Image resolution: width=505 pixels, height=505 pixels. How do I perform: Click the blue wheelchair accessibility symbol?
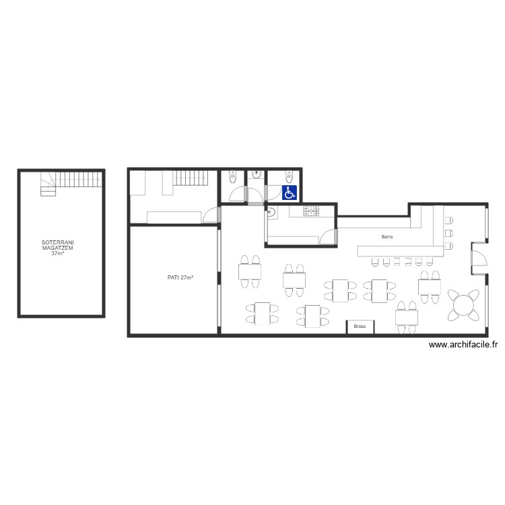[290, 193]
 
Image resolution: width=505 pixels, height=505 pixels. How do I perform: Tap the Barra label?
[387, 237]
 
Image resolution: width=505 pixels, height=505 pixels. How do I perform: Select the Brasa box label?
[360, 327]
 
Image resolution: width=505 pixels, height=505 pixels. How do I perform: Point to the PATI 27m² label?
[180, 277]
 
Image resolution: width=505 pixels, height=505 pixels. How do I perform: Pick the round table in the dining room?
[463, 305]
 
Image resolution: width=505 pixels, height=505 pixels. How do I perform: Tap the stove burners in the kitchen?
[311, 211]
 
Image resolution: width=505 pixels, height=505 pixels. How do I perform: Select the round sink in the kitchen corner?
[271, 213]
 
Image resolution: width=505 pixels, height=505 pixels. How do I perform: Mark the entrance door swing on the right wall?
[479, 259]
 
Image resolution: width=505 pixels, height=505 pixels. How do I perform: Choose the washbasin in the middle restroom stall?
[256, 174]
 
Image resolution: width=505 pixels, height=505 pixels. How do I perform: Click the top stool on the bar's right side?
[449, 220]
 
